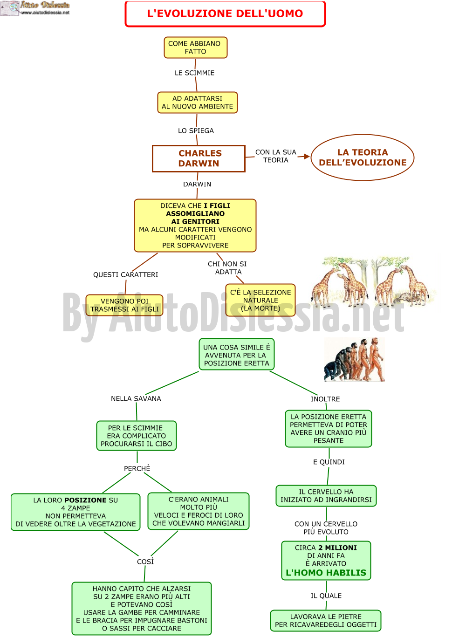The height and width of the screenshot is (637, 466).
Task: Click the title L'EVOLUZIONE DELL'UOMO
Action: pyautogui.click(x=225, y=14)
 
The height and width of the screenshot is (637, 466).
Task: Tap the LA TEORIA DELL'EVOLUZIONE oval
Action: pyautogui.click(x=362, y=157)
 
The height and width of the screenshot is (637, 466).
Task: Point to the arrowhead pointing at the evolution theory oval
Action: pyautogui.click(x=306, y=156)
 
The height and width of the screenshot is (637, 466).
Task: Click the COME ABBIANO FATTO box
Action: pyautogui.click(x=195, y=48)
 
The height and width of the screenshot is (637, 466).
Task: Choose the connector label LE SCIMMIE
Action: pyautogui.click(x=194, y=73)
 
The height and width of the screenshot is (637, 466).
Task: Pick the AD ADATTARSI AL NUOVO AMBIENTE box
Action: pyautogui.click(x=197, y=103)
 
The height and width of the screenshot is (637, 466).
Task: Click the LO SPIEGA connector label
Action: pyautogui.click(x=196, y=130)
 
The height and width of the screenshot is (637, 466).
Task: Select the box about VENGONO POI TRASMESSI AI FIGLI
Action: pyautogui.click(x=124, y=305)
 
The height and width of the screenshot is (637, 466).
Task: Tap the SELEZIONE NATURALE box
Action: pyautogui.click(x=260, y=300)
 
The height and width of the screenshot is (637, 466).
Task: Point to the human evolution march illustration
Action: pyautogui.click(x=354, y=359)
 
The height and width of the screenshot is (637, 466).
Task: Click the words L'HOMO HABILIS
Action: pyautogui.click(x=326, y=572)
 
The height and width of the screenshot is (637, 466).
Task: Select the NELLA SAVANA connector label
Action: pyautogui.click(x=136, y=398)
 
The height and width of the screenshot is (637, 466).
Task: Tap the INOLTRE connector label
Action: pyautogui.click(x=325, y=399)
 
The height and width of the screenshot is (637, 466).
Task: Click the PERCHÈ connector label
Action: pyautogui.click(x=137, y=468)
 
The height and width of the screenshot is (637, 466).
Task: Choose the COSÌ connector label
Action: pyautogui.click(x=145, y=562)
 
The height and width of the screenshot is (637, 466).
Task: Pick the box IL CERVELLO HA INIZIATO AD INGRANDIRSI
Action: pyautogui.click(x=326, y=496)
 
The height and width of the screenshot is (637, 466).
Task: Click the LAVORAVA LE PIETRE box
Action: pyautogui.click(x=326, y=621)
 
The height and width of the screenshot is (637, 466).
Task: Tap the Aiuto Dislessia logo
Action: pyautogui.click(x=35, y=8)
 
